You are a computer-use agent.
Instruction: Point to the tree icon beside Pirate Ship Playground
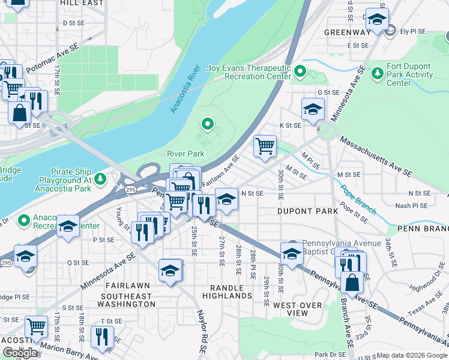pyautogui.click(x=100, y=178)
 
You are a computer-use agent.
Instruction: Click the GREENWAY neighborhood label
pyautogui.click(x=348, y=32)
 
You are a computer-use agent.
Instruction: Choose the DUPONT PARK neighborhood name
pyautogui.click(x=304, y=211)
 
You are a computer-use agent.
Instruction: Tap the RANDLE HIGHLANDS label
pyautogui.click(x=226, y=291)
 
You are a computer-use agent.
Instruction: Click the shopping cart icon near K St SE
pyautogui.click(x=265, y=146)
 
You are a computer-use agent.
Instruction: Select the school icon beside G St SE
pyautogui.click(x=313, y=109)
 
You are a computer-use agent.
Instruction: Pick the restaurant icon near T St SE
pyautogui.click(x=102, y=337)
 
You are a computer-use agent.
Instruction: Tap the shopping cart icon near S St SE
pyautogui.click(x=37, y=326)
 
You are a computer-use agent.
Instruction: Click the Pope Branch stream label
pyautogui.click(x=357, y=200)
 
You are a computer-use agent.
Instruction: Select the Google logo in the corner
pyautogui.click(x=20, y=353)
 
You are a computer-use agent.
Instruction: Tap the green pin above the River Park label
pyautogui.click(x=208, y=124)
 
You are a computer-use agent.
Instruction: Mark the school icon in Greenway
pyautogui.click(x=377, y=20)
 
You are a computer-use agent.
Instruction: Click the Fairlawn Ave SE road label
pyautogui.click(x=221, y=170)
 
